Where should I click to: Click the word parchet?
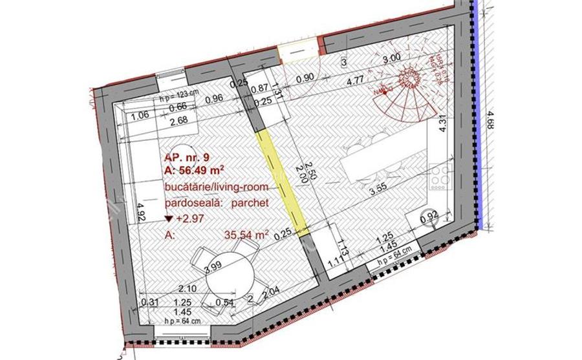click(249, 202)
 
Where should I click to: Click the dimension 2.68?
click(178, 120)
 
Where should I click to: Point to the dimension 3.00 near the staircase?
click(392, 58)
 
